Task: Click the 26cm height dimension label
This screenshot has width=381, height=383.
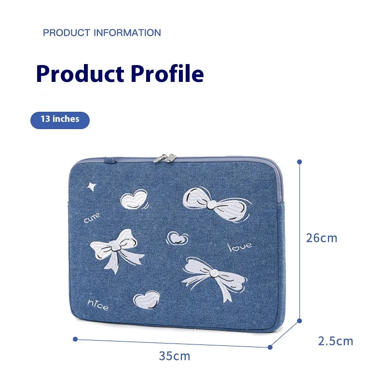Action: point(322,238)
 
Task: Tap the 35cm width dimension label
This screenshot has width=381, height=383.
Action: point(175,357)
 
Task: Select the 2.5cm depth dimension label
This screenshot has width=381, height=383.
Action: point(336,341)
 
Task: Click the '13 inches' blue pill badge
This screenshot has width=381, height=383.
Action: point(60,119)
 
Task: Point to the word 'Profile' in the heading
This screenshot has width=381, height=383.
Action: point(167,74)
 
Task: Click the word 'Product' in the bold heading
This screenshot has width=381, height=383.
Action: point(80,74)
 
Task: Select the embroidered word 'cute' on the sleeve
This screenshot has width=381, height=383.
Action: point(92,219)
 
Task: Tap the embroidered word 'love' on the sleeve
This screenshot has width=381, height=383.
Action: point(240,247)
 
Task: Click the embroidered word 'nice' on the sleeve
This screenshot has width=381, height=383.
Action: point(98,304)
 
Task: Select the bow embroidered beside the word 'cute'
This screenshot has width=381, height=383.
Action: point(117,249)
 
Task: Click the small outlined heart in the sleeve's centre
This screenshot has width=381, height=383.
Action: point(177,238)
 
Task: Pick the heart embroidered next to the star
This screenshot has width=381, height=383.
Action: point(133,198)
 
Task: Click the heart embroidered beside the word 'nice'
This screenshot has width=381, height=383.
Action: point(148,300)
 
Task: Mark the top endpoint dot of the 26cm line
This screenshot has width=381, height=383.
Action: point(299,162)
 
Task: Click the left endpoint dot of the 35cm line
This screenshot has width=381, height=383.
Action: point(75,339)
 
